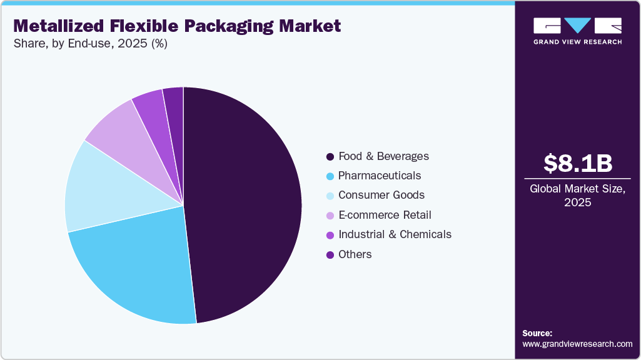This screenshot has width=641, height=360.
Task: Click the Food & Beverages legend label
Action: click(383, 156)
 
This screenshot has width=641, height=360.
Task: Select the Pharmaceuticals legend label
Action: click(380, 176)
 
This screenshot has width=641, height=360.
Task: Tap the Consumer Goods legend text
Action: click(381, 195)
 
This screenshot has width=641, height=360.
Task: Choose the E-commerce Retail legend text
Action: click(385, 215)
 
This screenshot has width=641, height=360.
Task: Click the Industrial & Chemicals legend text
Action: click(395, 234)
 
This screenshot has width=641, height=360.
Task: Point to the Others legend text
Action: click(355, 254)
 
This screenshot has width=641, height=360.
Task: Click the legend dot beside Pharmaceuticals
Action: click(330, 176)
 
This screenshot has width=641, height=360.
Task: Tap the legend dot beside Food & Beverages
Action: click(330, 156)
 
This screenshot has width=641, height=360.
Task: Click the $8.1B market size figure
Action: click(577, 163)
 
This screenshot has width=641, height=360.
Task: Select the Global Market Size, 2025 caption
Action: click(577, 196)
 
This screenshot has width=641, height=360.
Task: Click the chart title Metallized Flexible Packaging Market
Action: click(177, 26)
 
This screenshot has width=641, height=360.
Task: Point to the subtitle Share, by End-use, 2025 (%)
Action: click(90, 44)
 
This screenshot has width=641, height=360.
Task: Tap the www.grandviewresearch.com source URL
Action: click(577, 344)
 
